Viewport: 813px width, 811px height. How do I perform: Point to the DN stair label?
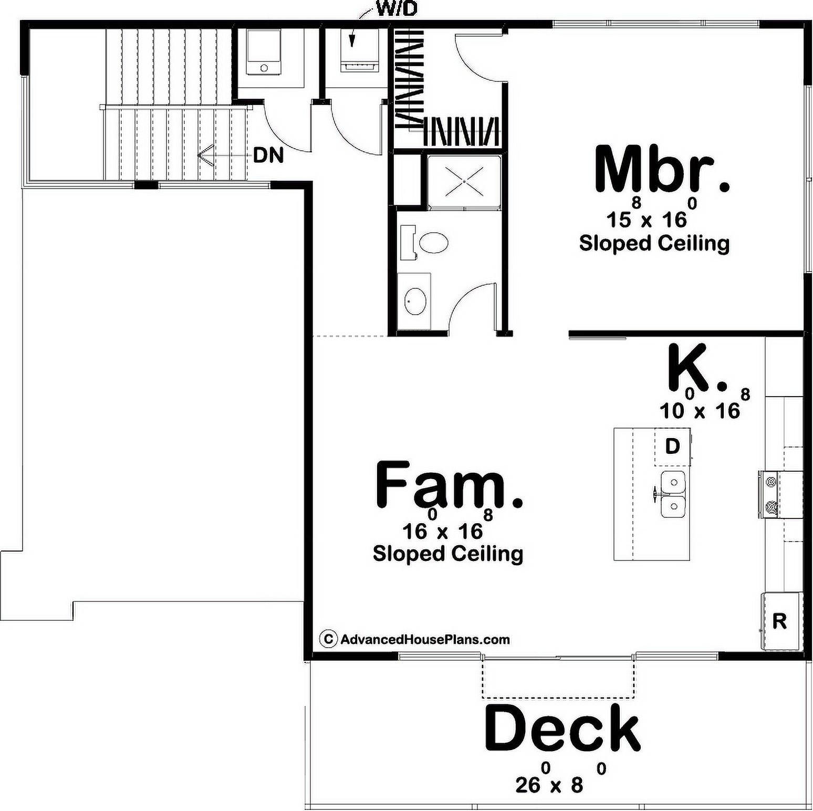268,155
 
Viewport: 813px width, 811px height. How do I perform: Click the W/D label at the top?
397,9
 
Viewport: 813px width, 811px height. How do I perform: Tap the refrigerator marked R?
779,620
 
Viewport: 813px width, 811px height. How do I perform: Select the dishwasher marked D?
672,446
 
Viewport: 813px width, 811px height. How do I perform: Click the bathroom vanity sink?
415,301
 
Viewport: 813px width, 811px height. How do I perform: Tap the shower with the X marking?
464,181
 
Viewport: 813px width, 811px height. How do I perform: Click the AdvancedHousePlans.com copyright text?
415,639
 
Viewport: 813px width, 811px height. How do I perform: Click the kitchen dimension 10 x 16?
704,405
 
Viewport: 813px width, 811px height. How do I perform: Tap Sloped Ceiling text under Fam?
448,554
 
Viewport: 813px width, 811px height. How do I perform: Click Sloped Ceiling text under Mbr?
654,243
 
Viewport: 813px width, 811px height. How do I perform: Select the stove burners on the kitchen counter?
770,494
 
